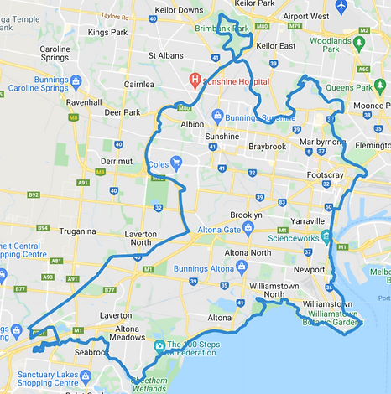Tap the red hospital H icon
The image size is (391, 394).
(195, 80)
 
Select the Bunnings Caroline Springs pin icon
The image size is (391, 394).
(76, 81)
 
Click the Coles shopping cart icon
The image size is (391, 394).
(176, 162)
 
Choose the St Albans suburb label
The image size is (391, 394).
(164, 55)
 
